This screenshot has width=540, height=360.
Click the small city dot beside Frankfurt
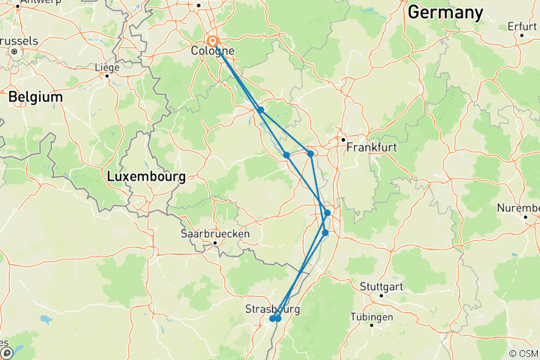343,139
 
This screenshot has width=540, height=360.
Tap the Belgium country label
35,97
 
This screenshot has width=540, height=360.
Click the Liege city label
106,67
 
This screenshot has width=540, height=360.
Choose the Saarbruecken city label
214,233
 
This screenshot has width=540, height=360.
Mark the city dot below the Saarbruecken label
215,242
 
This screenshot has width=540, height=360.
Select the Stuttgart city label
382,286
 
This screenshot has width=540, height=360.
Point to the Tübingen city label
371,317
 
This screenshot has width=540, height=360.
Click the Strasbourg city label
272,309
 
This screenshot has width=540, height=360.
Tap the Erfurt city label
521,26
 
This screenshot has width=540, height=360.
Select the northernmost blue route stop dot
260,110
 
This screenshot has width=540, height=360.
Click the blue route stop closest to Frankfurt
310,154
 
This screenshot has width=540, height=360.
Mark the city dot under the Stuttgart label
382,295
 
